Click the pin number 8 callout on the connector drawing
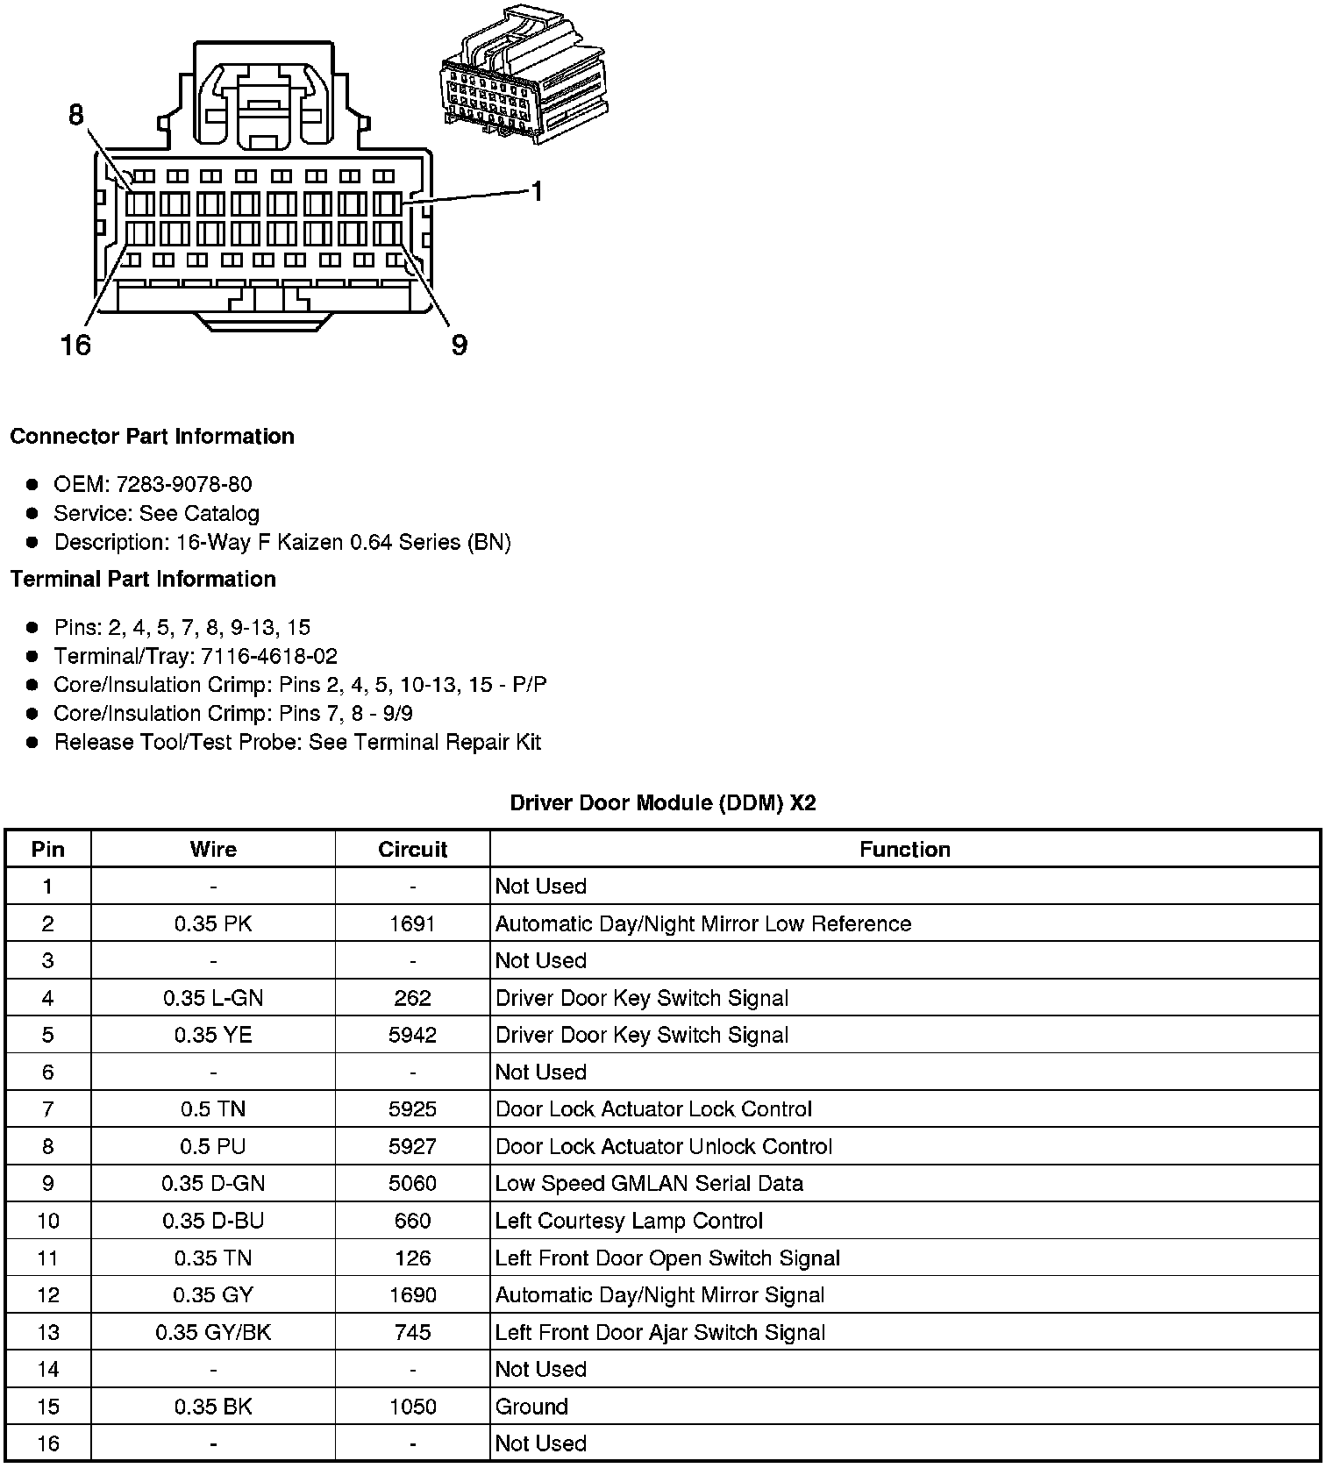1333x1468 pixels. (x=76, y=115)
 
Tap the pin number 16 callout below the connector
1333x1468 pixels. (x=75, y=345)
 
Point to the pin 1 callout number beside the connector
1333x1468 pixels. (x=537, y=191)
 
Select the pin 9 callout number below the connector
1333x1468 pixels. (x=460, y=345)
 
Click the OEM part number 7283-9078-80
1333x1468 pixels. (x=184, y=484)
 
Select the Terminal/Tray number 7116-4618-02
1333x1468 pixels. (x=268, y=656)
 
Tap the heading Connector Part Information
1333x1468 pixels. (x=153, y=437)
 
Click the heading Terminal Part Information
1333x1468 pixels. (x=143, y=579)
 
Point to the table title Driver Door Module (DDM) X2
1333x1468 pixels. (x=663, y=802)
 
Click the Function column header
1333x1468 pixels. (x=904, y=849)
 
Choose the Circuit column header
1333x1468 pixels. (x=412, y=849)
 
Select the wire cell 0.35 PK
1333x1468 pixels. (x=213, y=923)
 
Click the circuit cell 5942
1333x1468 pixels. (x=412, y=1035)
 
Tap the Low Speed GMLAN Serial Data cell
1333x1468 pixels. (x=649, y=1183)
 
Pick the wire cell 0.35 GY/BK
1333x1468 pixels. (x=213, y=1332)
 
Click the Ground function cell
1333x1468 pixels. (x=531, y=1407)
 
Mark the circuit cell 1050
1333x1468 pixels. (x=412, y=1407)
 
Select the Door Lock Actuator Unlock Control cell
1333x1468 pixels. (x=664, y=1146)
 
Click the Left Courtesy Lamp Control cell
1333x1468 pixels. (x=629, y=1221)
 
